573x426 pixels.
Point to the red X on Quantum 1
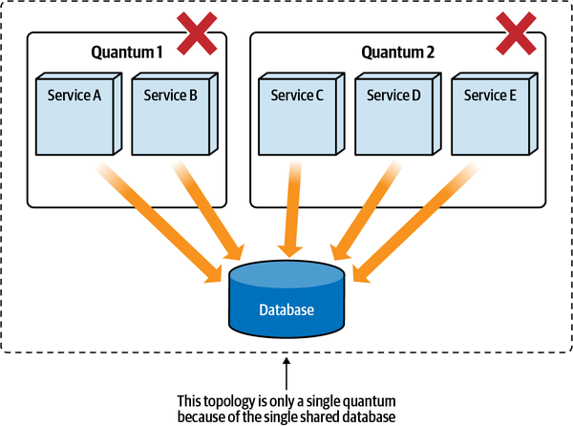pyautogui.click(x=195, y=34)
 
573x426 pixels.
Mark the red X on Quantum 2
pyautogui.click(x=517, y=34)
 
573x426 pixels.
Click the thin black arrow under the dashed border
pyautogui.click(x=286, y=373)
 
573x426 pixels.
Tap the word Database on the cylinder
pyautogui.click(x=286, y=310)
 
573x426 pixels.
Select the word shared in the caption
pyautogui.click(x=331, y=415)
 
